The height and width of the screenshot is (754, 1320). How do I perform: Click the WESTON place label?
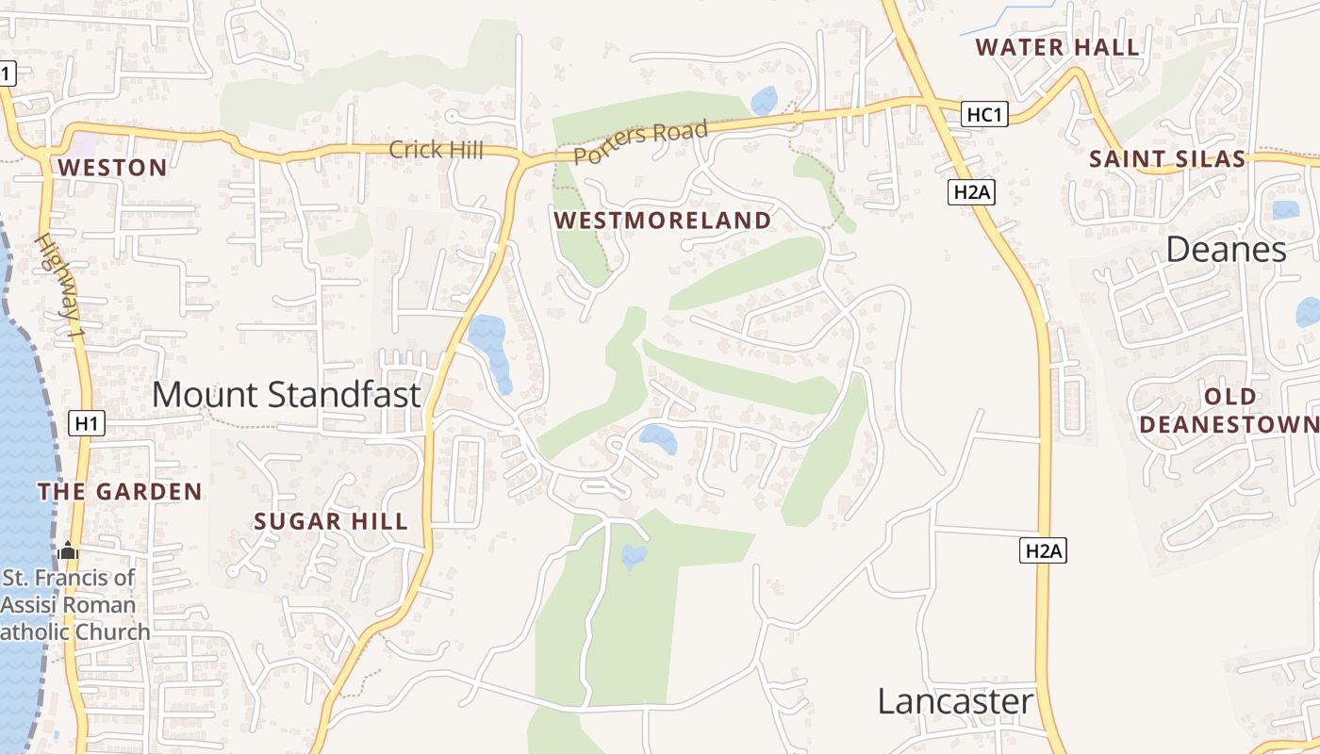coord(112,169)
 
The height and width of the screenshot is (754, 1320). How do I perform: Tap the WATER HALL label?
coord(1057,47)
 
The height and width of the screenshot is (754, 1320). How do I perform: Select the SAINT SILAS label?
coord(1167,159)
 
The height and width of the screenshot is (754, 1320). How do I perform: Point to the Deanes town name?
coord(1226,250)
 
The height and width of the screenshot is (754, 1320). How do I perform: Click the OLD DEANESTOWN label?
coord(1229,410)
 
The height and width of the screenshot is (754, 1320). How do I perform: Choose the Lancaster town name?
coord(955,702)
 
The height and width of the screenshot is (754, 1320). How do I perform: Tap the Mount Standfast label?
coord(286,394)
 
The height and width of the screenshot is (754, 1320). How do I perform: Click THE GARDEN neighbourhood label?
coord(120,491)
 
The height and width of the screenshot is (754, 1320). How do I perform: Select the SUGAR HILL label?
coord(331,521)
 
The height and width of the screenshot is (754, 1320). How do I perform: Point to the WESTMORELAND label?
coord(662,221)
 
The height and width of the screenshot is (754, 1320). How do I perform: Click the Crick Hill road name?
coord(436,149)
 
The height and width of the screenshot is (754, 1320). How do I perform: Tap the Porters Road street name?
coord(640,143)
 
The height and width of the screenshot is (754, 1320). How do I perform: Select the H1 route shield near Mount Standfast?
coord(87,424)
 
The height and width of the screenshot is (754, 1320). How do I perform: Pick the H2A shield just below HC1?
coord(971,192)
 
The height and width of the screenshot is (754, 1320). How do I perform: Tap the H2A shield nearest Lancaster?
coord(1044,551)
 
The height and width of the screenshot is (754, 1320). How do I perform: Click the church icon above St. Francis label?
coord(68,550)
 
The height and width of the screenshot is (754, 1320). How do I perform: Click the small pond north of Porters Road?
coord(764,100)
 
